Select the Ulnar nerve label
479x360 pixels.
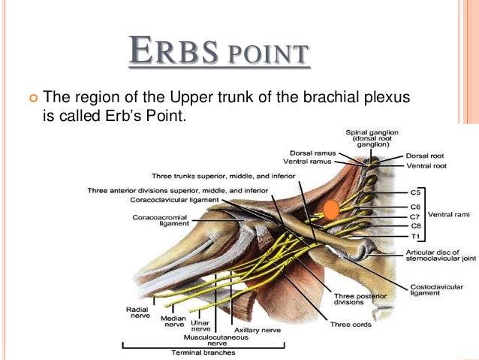pos(201,325)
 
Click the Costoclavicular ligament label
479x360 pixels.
pos(430,290)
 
